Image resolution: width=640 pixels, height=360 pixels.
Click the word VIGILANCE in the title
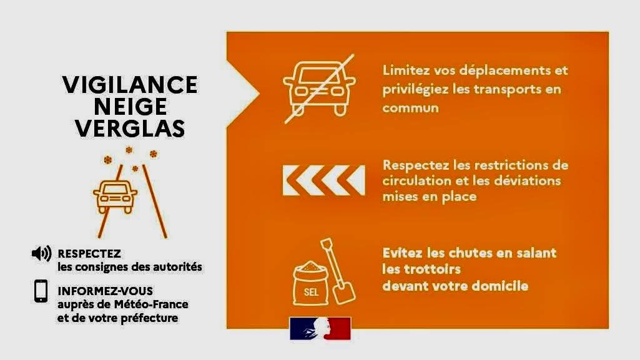[x=130, y=85]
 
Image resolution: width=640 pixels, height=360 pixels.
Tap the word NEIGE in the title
[x=130, y=107]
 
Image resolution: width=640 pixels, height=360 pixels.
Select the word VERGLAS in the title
[x=130, y=129]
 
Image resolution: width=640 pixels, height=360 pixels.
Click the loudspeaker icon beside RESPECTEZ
[x=42, y=253]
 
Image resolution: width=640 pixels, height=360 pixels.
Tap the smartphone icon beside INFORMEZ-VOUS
[x=41, y=291]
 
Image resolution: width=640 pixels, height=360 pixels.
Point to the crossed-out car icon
[x=319, y=89]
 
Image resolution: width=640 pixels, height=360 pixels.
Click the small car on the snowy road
[x=115, y=197]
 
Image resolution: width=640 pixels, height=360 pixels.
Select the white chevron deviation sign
[x=323, y=180]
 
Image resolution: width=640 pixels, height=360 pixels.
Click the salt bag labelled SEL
[x=310, y=283]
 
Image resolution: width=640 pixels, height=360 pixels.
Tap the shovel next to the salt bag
[x=338, y=271]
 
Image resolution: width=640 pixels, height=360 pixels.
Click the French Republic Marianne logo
[x=320, y=329]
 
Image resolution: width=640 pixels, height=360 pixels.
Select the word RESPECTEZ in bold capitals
[x=89, y=253]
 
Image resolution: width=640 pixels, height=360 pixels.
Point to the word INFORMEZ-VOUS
[x=106, y=291]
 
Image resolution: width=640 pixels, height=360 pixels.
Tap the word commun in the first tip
[x=410, y=109]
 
